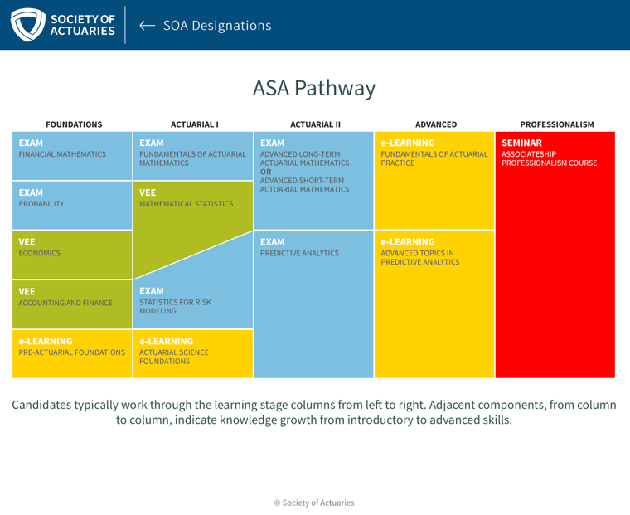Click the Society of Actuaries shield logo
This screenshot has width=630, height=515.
[27, 25]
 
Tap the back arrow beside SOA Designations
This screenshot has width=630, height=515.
[147, 26]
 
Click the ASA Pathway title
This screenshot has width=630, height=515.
[314, 88]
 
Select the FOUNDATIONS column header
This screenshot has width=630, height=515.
[74, 124]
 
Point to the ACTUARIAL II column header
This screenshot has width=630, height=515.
[315, 124]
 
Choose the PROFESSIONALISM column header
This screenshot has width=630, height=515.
[557, 124]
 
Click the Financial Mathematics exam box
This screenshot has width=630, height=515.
[72, 156]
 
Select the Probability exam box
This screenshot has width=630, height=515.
[72, 206]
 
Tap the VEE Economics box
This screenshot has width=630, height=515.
[72, 255]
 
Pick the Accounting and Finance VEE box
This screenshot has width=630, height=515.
[72, 304]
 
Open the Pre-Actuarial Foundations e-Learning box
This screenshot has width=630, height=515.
[72, 354]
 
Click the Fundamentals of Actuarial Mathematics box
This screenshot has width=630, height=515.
[193, 156]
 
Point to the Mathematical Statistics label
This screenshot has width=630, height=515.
[186, 204]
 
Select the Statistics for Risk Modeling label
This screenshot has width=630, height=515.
[175, 306]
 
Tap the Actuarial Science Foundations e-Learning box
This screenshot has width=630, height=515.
[193, 354]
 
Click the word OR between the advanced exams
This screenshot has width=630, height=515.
[265, 172]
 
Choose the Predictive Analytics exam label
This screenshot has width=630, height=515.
[299, 253]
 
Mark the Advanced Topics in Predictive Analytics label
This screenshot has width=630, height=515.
[420, 257]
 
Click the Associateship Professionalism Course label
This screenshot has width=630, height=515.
[550, 158]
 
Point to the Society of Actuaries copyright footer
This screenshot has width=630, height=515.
[314, 503]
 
